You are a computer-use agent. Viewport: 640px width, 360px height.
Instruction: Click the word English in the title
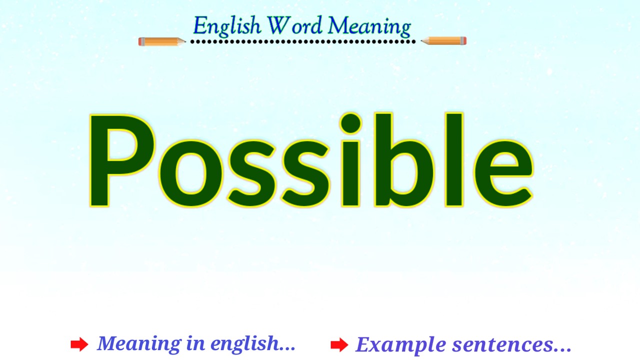coord(226,26)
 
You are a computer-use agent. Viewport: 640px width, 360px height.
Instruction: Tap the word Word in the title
coord(294,26)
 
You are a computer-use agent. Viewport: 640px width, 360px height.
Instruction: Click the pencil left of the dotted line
coord(161,41)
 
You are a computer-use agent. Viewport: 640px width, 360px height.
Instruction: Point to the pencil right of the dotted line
coord(444,41)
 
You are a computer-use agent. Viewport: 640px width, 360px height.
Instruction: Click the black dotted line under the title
coord(302,41)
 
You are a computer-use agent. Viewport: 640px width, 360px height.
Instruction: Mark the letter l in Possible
coord(454,160)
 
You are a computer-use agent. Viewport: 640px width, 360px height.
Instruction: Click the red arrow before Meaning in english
coord(79,344)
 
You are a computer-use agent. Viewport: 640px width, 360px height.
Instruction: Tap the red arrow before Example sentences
coord(339,344)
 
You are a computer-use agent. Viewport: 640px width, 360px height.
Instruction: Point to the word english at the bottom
coord(252,344)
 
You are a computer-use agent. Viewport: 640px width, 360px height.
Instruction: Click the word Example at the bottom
coord(400,345)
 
